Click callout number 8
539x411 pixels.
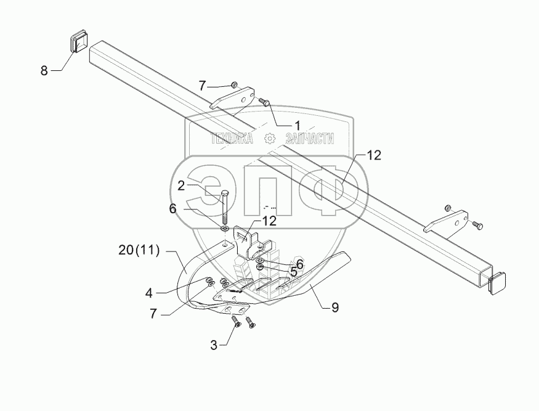pyautogui.click(x=44, y=71)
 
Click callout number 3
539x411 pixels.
pyautogui.click(x=214, y=346)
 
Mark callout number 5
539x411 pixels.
pyautogui.click(x=294, y=271)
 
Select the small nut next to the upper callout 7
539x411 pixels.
pyautogui.click(x=235, y=84)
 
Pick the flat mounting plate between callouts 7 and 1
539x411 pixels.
pyautogui.click(x=233, y=99)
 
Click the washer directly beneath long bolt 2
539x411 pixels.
pyautogui.click(x=225, y=229)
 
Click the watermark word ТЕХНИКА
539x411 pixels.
pyautogui.click(x=232, y=139)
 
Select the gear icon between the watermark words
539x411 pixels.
pyautogui.click(x=269, y=139)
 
